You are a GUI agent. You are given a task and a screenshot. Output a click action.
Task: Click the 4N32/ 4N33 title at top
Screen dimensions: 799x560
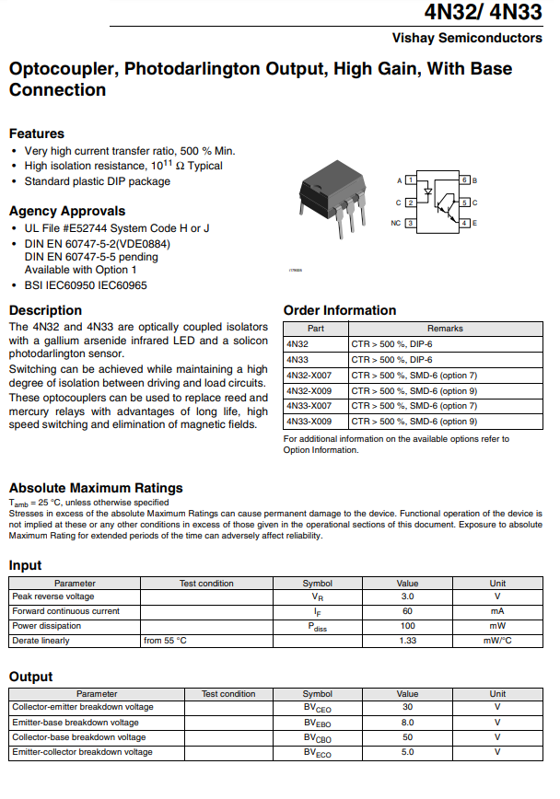point(484,12)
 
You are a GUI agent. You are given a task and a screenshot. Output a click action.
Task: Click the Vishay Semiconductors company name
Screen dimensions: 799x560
point(467,38)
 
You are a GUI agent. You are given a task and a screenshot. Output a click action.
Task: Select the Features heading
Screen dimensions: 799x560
point(37,133)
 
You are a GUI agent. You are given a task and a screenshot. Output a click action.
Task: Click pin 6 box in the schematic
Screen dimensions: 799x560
point(465,179)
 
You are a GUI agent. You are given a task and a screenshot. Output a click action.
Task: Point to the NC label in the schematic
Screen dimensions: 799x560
point(395,223)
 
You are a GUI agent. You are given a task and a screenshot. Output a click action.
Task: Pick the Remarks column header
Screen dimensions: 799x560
point(445,328)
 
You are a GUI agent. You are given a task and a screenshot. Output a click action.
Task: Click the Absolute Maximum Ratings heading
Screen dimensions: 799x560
point(96,488)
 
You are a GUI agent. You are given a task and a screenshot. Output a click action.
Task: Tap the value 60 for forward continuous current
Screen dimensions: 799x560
point(407,610)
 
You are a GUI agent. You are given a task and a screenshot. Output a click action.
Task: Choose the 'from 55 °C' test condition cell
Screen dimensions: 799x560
point(166,640)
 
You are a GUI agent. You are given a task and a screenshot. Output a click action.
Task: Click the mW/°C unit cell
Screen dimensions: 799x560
point(497,640)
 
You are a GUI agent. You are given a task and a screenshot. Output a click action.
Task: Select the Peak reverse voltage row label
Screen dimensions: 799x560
point(53,596)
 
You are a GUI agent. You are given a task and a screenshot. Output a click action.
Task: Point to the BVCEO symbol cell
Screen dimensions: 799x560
point(318,708)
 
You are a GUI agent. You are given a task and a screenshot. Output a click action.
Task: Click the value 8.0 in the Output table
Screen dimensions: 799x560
point(407,723)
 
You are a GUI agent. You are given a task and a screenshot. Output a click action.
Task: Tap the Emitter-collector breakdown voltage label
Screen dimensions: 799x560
point(82,752)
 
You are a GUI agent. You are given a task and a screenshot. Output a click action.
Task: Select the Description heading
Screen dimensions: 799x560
point(45,310)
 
